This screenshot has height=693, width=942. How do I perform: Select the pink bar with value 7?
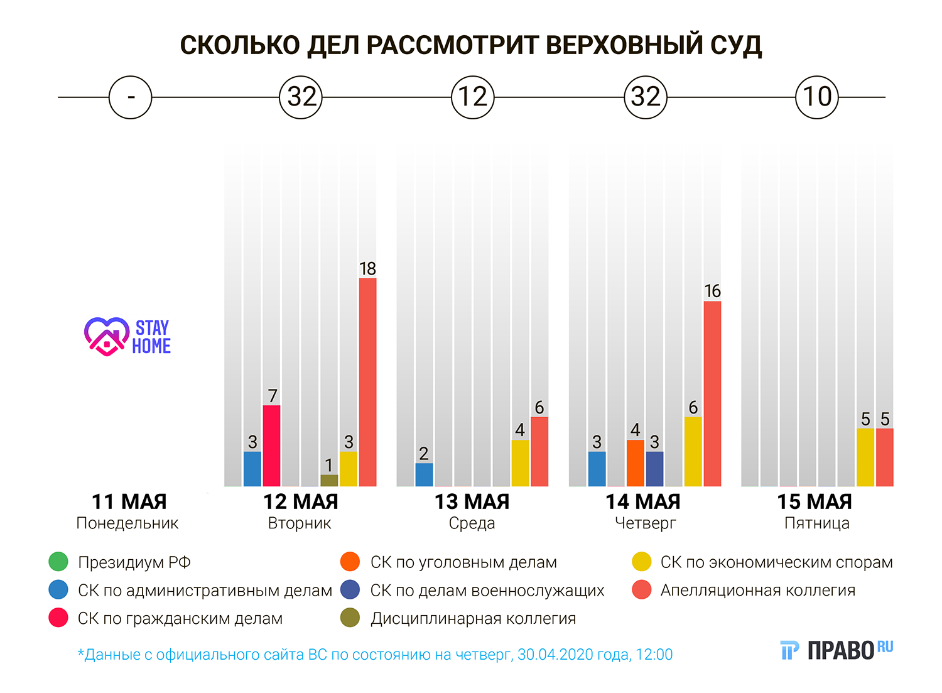pos(271,445)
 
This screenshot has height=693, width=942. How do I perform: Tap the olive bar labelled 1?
pos(329,481)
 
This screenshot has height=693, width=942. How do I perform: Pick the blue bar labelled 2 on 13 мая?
pos(424,474)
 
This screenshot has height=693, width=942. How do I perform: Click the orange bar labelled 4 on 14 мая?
pos(635,463)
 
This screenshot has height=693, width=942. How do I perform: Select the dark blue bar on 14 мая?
pos(654,469)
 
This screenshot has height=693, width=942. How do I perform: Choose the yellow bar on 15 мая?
pos(865,457)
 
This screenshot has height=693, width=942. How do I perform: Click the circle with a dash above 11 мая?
pos(130,97)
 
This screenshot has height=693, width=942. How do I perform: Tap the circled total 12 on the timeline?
pos(473,97)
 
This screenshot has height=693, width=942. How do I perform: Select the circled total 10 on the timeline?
pos(817,97)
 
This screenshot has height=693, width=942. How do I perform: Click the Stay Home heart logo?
pos(107,336)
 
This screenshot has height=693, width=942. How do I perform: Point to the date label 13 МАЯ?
pos(472,502)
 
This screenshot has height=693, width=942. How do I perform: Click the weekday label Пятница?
pos(816,523)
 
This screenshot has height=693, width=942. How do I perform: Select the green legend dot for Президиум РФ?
pos(58,562)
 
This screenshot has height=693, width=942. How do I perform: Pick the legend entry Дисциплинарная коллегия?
pos(473,618)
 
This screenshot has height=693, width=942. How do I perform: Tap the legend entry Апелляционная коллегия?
pos(757,590)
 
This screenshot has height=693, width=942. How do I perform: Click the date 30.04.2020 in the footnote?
pos(555,655)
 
